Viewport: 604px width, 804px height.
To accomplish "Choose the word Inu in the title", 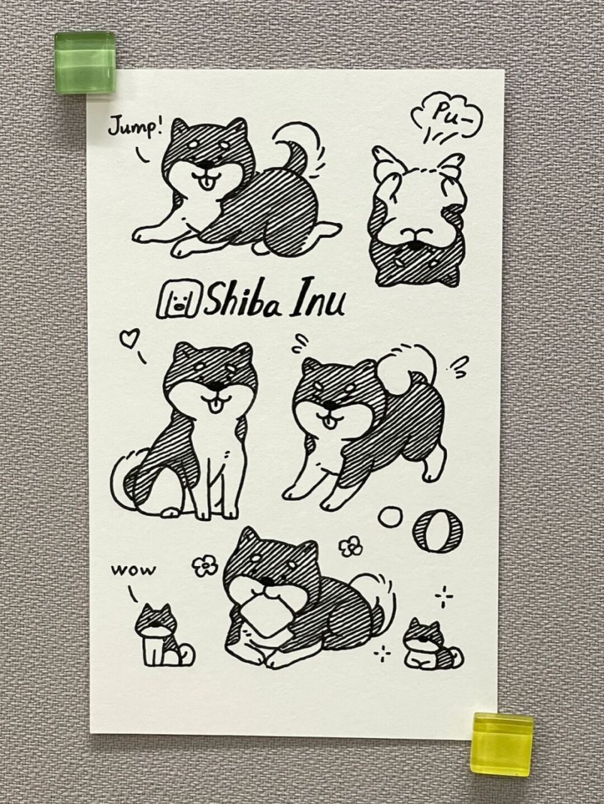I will [x=318, y=302].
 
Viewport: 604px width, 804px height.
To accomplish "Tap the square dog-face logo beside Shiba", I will [x=180, y=300].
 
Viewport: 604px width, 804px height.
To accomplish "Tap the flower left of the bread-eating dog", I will [x=203, y=566].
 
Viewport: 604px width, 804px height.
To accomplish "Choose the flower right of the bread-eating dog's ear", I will [x=350, y=545].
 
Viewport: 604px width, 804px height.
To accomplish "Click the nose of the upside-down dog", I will [x=412, y=233].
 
